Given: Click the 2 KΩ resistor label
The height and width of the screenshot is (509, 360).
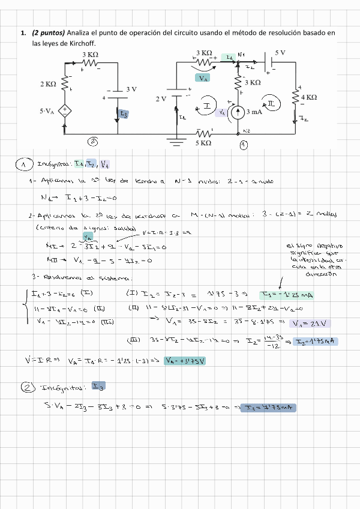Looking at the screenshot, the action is pos(48,85).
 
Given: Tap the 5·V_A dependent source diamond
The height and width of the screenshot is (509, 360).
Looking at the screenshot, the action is pos(65,112).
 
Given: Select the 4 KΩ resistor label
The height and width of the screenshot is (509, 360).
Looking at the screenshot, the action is pos(309,97).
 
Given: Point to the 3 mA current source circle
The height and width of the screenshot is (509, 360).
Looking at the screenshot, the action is pos(237,112).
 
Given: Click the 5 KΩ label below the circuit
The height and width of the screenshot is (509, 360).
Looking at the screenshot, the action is pos(203,143).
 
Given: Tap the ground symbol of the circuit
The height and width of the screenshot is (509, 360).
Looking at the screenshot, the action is pos(176,142).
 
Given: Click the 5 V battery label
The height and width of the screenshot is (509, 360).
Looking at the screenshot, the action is pos(280,53).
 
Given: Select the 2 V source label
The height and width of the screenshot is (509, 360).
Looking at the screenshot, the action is pos(161,98).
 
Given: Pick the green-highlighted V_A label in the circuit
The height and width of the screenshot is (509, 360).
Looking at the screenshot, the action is pos(203,78).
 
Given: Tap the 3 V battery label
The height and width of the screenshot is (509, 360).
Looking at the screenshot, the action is pos(131,89).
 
